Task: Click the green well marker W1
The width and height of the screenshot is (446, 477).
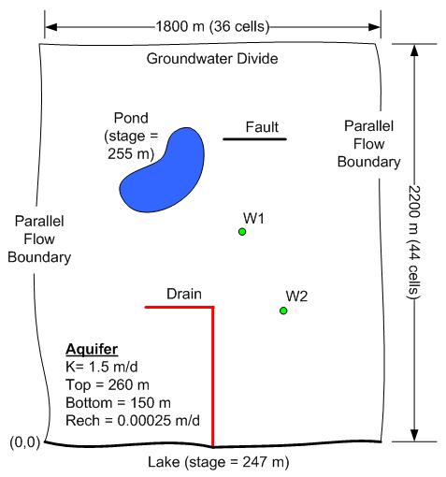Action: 242,232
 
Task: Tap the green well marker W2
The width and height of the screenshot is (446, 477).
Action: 283,311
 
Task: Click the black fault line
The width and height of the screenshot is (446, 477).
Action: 254,139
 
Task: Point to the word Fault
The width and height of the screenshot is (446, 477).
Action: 262,127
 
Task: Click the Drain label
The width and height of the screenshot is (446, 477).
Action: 184,294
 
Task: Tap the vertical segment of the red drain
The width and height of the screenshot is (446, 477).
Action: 213,377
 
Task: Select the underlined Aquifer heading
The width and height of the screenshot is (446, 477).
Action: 92,350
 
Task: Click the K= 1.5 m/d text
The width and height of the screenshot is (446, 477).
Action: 102,367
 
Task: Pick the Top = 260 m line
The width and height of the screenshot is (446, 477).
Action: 108,384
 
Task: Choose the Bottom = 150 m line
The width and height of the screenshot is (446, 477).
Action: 118,403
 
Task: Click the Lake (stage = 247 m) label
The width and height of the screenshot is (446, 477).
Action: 219,462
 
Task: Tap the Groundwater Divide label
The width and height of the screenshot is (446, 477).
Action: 212,59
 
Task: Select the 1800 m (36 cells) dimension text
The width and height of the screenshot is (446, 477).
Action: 212,26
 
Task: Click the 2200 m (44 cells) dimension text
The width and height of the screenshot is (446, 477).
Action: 414,242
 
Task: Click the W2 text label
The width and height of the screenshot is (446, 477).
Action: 296,296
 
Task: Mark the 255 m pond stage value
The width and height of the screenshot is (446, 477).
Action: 131,153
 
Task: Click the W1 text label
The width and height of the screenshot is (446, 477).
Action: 253,218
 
